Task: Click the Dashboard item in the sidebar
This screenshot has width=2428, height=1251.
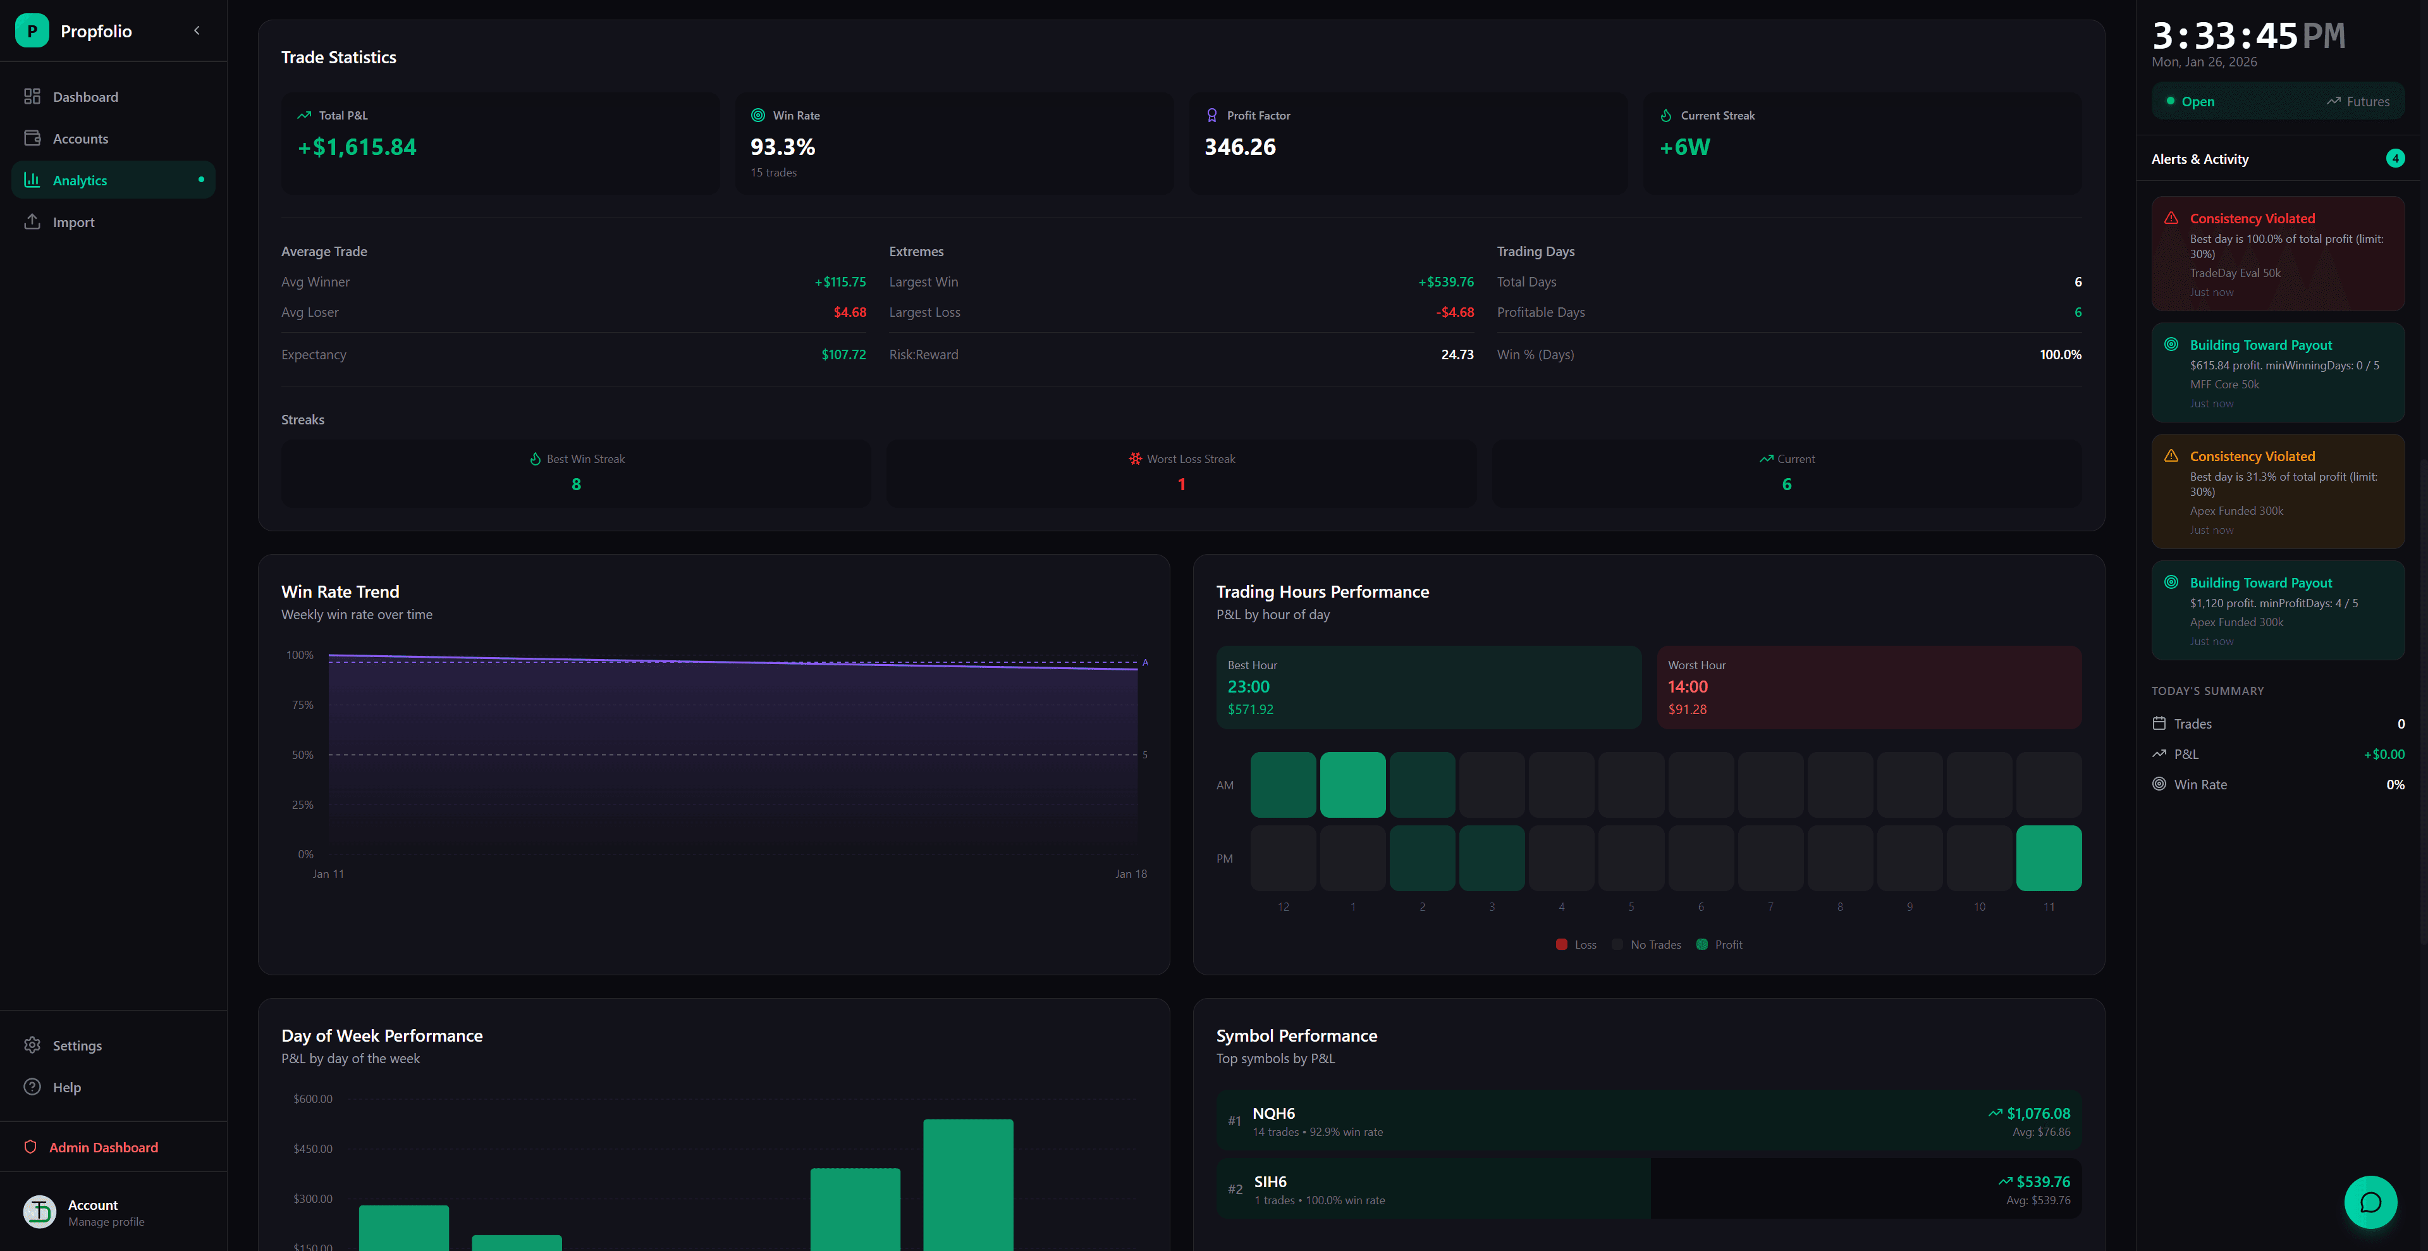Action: click(x=85, y=97)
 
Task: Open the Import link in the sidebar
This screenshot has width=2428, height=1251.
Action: click(x=73, y=223)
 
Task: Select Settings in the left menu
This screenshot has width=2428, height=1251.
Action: click(x=77, y=1045)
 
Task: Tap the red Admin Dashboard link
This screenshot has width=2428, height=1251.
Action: click(x=102, y=1147)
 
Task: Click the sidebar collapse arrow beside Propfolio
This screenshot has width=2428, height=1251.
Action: click(x=197, y=31)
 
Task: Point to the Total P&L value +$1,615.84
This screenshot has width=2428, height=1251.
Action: click(x=357, y=147)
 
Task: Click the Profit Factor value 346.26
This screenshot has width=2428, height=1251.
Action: click(x=1239, y=147)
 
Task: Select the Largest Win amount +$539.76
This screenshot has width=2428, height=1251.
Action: click(x=1446, y=282)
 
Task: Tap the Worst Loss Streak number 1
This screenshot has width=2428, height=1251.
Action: click(x=1181, y=484)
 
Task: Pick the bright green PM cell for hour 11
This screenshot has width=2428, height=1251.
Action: click(x=2048, y=858)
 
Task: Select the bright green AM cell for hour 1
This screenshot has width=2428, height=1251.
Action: click(x=1352, y=784)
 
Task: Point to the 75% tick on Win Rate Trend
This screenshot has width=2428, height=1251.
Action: click(x=303, y=705)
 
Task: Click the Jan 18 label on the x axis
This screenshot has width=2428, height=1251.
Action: click(x=1130, y=874)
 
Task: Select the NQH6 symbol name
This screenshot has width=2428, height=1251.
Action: click(x=1273, y=1113)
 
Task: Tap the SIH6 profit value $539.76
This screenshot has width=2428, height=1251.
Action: click(x=2042, y=1182)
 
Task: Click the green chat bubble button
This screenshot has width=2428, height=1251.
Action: click(x=2370, y=1202)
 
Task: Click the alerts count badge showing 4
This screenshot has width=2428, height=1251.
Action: click(x=2394, y=158)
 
